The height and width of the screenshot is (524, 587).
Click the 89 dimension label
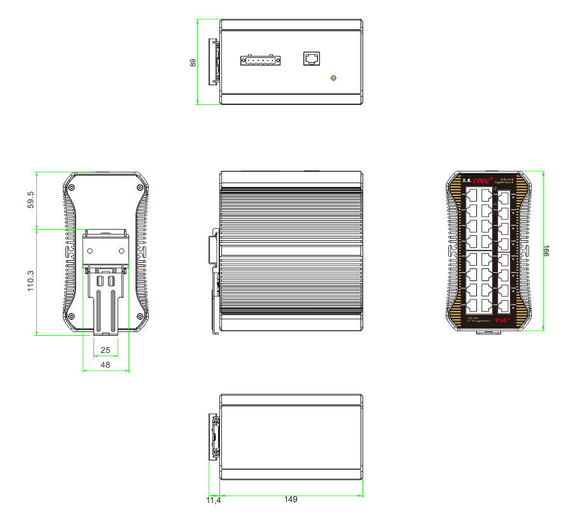[x=193, y=62]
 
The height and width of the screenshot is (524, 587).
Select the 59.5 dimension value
[x=30, y=200]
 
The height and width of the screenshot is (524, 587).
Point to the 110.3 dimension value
[x=30, y=280]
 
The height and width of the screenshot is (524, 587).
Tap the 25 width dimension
[x=106, y=350]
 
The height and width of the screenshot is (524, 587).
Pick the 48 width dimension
[x=106, y=365]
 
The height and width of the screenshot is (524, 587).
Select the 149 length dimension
[x=291, y=500]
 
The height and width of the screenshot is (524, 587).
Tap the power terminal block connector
[x=261, y=60]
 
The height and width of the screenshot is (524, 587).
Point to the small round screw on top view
[x=333, y=78]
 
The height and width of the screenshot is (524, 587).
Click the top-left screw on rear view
[x=72, y=188]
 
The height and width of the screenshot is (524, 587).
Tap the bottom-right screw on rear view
[x=141, y=316]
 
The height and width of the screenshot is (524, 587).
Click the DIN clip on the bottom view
[x=215, y=436]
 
